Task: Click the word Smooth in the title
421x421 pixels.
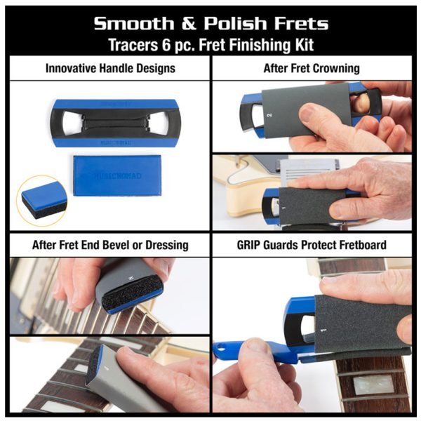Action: (x=134, y=23)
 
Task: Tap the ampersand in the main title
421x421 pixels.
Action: (x=189, y=23)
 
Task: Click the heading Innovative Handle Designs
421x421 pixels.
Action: (x=110, y=68)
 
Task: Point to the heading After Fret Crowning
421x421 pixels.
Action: (x=312, y=68)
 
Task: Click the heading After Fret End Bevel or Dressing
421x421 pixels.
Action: (x=110, y=245)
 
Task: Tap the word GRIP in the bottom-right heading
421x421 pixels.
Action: (x=249, y=245)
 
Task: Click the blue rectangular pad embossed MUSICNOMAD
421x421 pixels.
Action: (x=118, y=175)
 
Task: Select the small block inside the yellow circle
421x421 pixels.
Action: (x=44, y=198)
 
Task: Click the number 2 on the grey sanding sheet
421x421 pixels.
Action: (x=270, y=115)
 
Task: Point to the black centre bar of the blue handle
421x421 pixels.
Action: (x=116, y=123)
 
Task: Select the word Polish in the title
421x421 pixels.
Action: (x=234, y=23)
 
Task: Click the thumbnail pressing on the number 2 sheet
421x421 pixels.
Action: (x=312, y=111)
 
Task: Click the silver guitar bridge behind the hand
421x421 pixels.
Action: (x=309, y=171)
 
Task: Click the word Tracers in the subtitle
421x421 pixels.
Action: (x=133, y=45)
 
